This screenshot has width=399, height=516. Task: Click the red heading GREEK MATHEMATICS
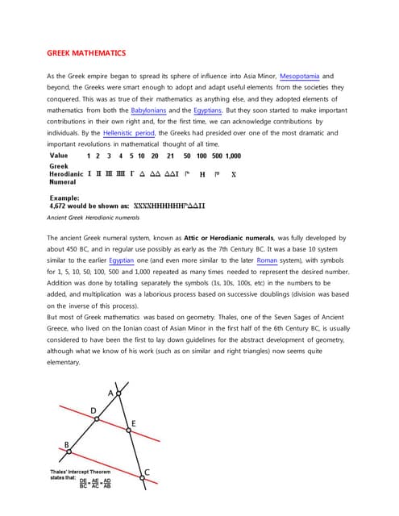[86, 53]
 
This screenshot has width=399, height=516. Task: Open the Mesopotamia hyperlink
[300, 75]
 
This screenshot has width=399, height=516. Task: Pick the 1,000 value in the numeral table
[233, 156]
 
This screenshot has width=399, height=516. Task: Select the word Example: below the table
[64, 198]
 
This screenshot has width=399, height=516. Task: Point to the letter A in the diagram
[110, 393]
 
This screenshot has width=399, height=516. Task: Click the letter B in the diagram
[68, 444]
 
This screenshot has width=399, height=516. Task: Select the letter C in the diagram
[147, 472]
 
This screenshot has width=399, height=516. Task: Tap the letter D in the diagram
[94, 410]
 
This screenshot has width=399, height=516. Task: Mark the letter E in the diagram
[133, 422]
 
